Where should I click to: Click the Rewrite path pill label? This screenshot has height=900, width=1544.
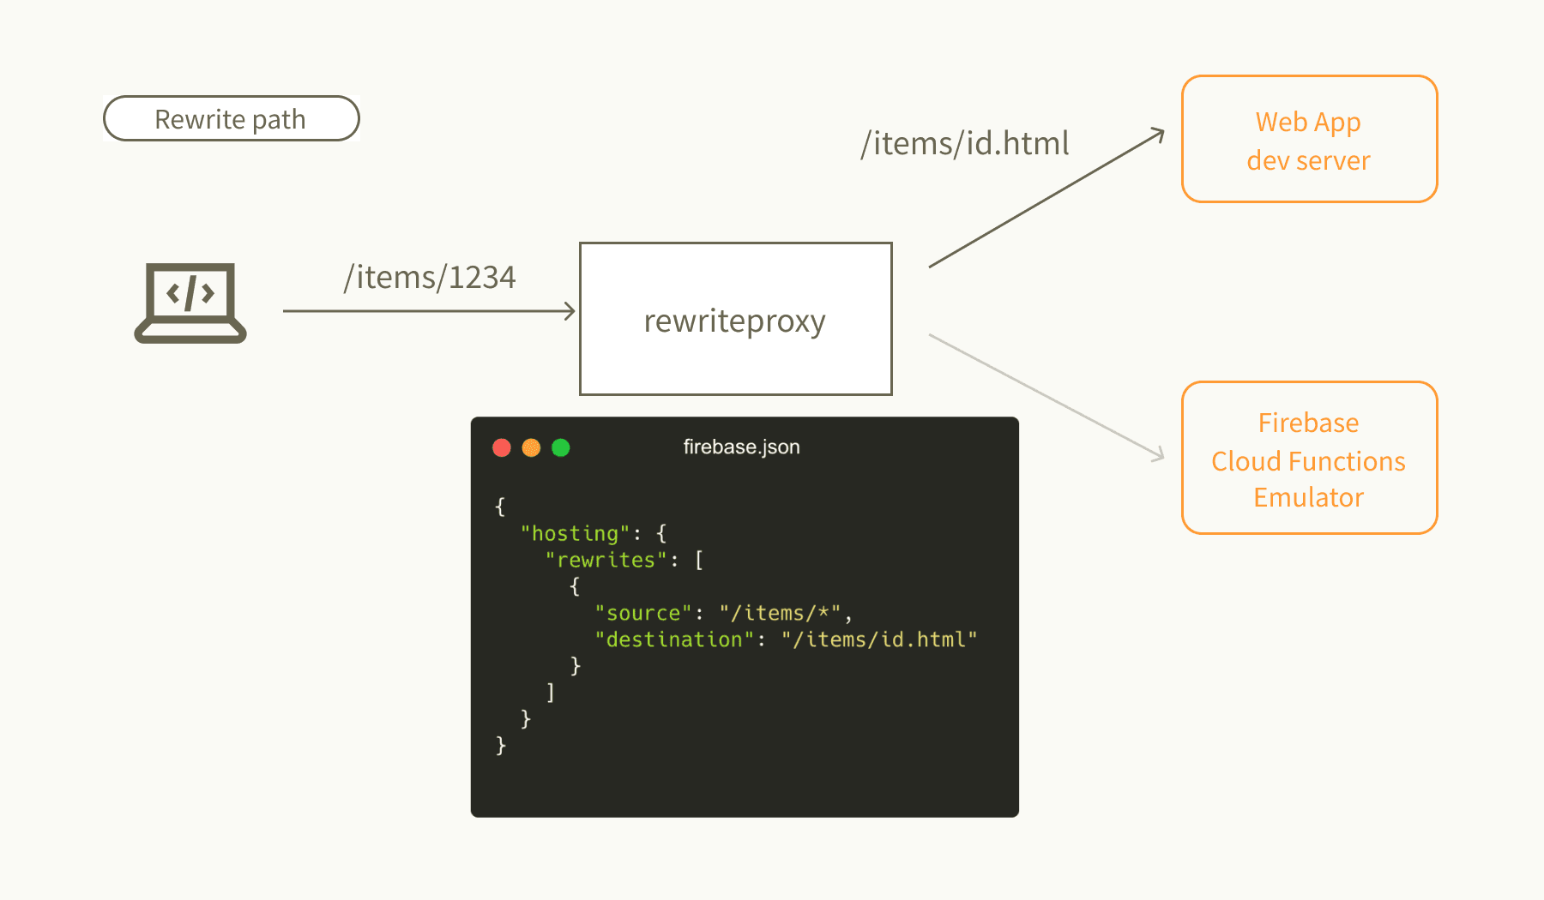(231, 119)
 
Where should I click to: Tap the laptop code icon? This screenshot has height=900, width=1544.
(190, 303)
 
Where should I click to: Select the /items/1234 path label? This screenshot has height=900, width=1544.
(430, 278)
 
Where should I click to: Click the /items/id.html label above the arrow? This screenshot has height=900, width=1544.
(965, 143)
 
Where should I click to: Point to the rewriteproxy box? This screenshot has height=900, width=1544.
(736, 319)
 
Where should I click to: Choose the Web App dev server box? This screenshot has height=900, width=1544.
(1309, 139)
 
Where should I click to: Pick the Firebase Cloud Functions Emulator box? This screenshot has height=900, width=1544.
(1309, 458)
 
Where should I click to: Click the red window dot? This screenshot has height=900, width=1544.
(502, 447)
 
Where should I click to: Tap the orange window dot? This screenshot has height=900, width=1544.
(531, 447)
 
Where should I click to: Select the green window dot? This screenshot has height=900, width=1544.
(561, 447)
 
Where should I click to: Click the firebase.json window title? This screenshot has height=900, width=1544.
(741, 447)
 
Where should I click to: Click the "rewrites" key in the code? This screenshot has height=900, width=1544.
(606, 560)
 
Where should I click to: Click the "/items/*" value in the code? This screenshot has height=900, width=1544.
(780, 613)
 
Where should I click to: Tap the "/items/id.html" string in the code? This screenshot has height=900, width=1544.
(879, 639)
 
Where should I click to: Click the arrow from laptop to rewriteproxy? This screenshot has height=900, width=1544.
(429, 311)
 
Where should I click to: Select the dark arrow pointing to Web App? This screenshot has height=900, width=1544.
(1046, 198)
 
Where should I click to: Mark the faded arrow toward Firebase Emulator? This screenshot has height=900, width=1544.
(1046, 398)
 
